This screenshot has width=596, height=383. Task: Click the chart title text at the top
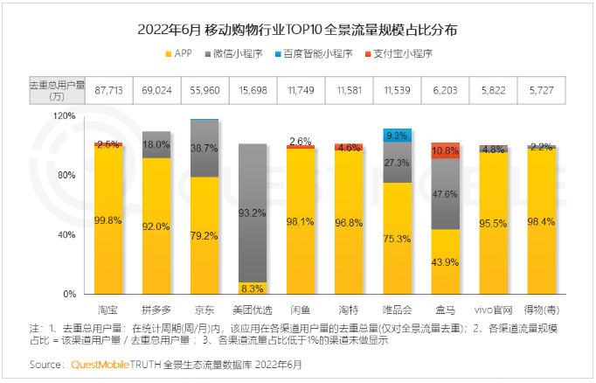(x=297, y=30)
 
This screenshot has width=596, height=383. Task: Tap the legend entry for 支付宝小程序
(x=397, y=54)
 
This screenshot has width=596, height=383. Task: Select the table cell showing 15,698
(x=253, y=90)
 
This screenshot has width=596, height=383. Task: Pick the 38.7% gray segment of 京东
(x=204, y=149)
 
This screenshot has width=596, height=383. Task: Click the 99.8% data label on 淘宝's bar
(x=108, y=221)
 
